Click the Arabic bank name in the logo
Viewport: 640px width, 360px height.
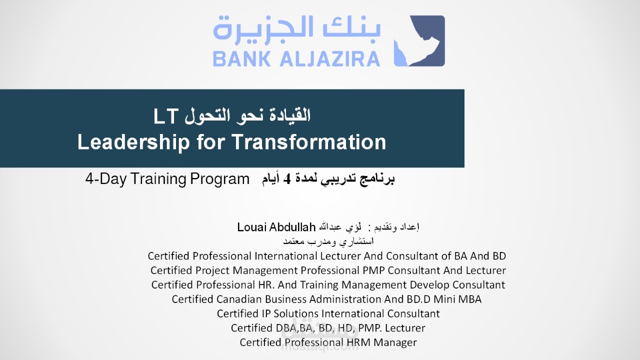[x=297, y=28]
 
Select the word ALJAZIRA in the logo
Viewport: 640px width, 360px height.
[x=330, y=58]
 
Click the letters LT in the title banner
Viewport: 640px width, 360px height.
[x=165, y=116]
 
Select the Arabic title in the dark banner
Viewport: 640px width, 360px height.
[x=247, y=115]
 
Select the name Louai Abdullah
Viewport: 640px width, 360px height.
[x=276, y=227]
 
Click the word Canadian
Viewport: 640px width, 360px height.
[x=239, y=299]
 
